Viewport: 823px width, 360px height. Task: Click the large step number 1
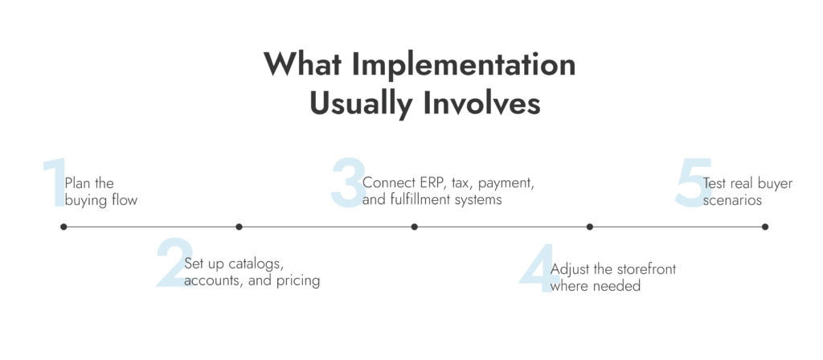[x=55, y=183]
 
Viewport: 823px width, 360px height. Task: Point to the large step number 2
[x=170, y=262]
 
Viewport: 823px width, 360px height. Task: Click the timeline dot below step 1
[x=63, y=227]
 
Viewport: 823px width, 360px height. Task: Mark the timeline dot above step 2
[x=239, y=227]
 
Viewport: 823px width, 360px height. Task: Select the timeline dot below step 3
[x=414, y=227]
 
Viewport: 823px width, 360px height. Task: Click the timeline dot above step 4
[x=589, y=227]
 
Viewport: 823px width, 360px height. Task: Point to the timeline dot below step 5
[x=764, y=227]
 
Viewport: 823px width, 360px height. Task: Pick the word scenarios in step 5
[x=732, y=200]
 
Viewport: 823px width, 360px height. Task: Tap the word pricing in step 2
[x=299, y=281]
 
